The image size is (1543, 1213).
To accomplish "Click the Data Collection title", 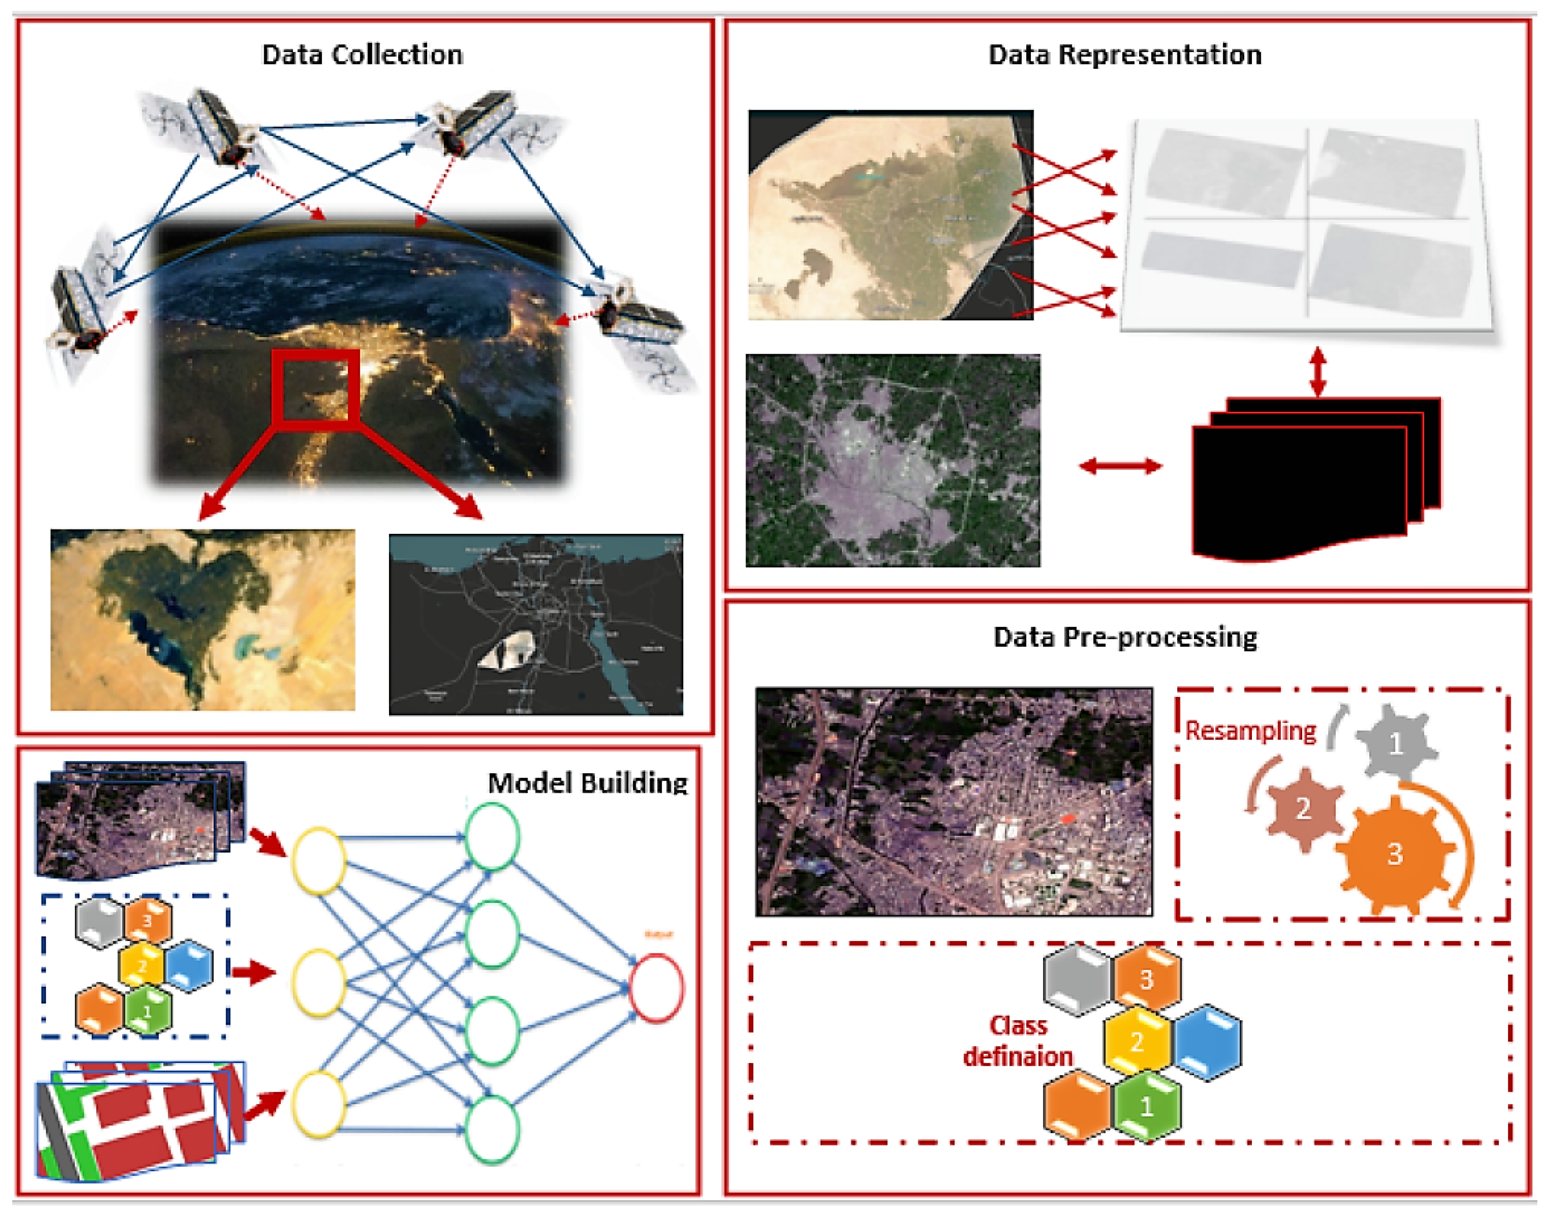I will (x=362, y=55).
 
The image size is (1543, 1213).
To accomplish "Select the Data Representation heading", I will (x=1125, y=55).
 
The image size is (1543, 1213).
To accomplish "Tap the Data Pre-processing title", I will (x=1125, y=637).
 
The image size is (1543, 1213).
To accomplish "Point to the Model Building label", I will (x=587, y=783).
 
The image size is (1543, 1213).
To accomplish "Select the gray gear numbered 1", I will (x=1395, y=743).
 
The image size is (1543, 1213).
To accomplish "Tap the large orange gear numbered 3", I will (x=1394, y=854).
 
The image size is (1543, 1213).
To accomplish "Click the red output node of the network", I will (x=656, y=988).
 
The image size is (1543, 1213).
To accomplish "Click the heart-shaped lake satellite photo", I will (x=202, y=619).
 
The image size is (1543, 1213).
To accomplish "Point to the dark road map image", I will (x=536, y=625).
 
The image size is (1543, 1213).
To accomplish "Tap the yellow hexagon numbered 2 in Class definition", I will (x=1138, y=1041).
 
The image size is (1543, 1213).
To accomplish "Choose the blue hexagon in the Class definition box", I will (x=1208, y=1041).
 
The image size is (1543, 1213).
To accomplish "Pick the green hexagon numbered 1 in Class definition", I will (x=1147, y=1105).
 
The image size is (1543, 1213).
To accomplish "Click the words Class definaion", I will (x=1018, y=1041).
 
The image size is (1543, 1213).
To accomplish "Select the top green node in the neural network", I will (x=491, y=836).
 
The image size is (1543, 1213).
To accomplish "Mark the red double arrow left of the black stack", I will (x=1120, y=466).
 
